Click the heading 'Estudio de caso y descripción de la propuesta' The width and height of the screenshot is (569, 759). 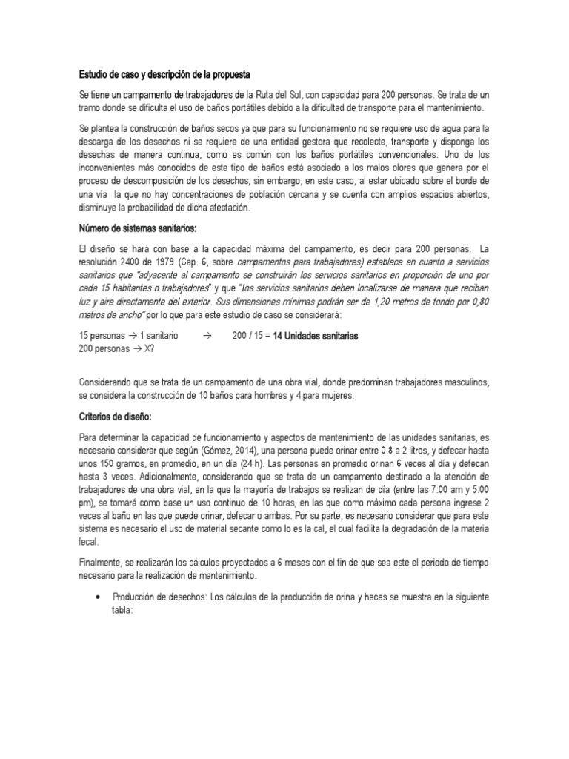click(164, 76)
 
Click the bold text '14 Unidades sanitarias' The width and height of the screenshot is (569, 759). click(316, 336)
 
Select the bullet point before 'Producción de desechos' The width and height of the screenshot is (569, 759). click(99, 597)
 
